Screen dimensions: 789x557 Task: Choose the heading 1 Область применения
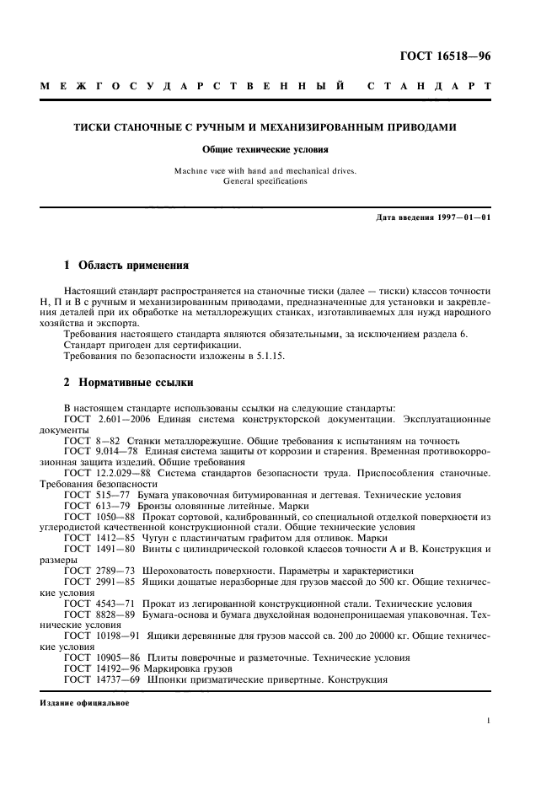(x=126, y=266)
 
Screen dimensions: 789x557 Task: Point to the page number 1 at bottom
(x=488, y=721)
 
